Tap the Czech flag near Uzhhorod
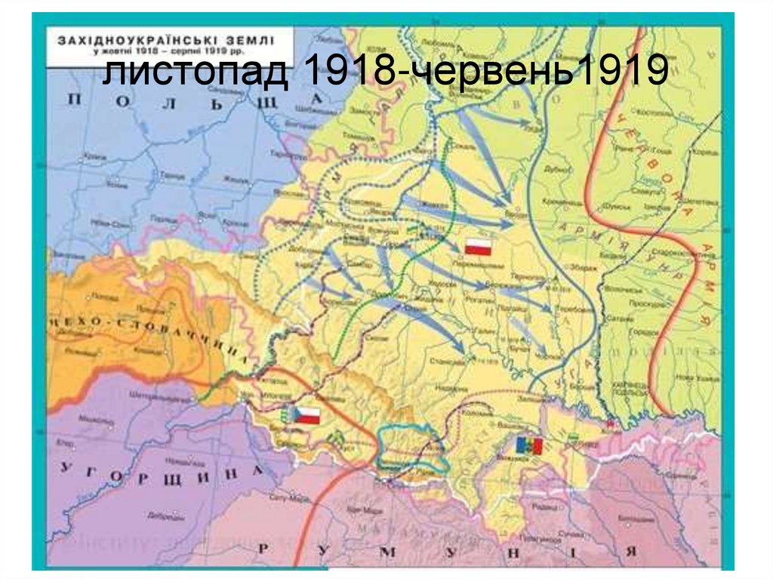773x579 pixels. point(307,415)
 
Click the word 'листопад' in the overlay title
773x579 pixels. point(192,72)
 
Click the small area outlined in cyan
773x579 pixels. point(411,449)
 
